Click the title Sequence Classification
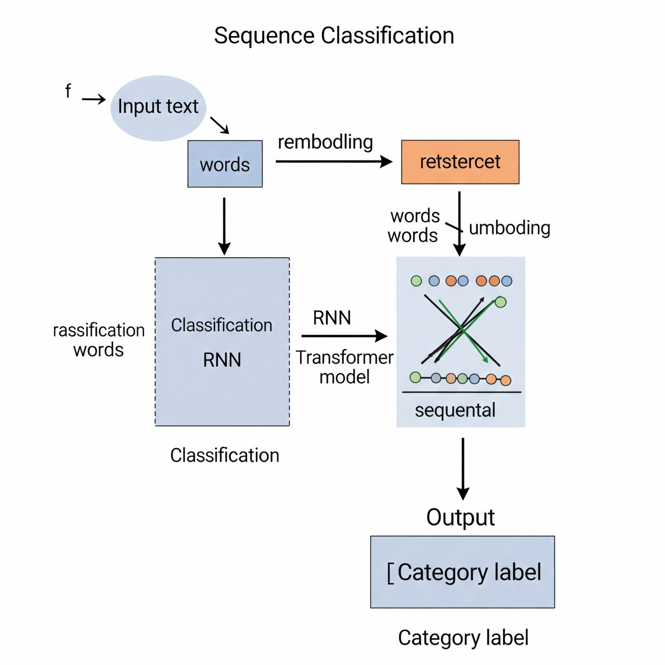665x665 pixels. click(334, 36)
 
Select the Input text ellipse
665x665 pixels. click(158, 108)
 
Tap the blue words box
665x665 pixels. click(225, 164)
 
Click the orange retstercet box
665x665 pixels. click(460, 162)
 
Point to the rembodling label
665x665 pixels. click(325, 142)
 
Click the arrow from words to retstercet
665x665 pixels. click(333, 161)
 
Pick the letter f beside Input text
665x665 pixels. click(68, 91)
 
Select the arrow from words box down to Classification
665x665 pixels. click(224, 225)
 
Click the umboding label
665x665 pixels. click(509, 228)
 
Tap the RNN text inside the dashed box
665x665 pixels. click(222, 360)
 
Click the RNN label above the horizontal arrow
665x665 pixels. click(332, 318)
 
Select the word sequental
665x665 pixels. click(455, 410)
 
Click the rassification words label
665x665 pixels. click(99, 340)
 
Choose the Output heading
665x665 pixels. click(460, 517)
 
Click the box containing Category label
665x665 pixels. click(462, 572)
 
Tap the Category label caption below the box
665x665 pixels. click(463, 638)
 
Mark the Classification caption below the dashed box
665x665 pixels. click(224, 455)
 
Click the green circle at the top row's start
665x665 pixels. click(416, 281)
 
